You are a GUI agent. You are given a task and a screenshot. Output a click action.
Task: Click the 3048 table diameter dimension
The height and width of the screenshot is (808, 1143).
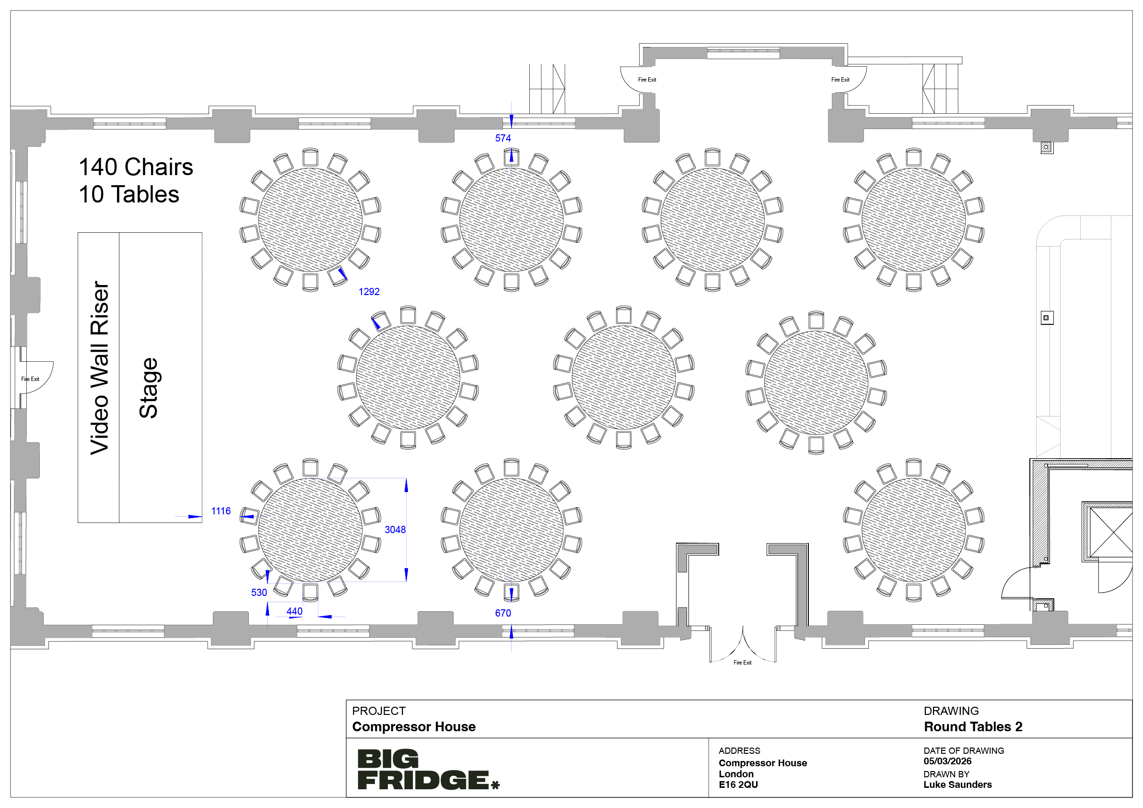point(395,530)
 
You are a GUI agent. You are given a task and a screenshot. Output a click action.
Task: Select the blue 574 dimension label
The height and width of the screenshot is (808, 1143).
point(503,138)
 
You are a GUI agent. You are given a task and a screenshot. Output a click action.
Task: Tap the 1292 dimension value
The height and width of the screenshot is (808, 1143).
point(369,291)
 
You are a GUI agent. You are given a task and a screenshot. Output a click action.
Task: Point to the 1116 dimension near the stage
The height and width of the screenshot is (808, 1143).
point(221,511)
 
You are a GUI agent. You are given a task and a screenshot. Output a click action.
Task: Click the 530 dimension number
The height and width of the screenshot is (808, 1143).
point(259,592)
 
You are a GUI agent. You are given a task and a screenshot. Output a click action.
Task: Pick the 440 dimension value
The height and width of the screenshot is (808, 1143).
point(294,611)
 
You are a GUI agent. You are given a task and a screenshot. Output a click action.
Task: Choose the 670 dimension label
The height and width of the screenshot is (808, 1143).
point(503,613)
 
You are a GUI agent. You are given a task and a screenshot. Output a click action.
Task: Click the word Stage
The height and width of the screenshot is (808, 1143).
point(148,388)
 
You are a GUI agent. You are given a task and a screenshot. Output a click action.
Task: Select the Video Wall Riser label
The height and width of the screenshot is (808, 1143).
point(100,368)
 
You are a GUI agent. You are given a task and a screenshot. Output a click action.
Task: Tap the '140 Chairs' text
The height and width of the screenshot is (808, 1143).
point(136,167)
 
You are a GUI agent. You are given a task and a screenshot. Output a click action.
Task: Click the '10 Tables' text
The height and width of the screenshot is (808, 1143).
point(129,194)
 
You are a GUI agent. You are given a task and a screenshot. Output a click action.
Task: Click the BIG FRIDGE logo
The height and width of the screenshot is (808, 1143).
point(428,770)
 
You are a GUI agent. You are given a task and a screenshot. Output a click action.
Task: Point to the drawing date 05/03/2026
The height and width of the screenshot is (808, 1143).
point(947,761)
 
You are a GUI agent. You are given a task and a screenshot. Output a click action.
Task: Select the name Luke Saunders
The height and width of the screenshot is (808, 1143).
point(957,784)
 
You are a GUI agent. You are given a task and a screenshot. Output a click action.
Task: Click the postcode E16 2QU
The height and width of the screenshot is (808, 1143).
point(738,784)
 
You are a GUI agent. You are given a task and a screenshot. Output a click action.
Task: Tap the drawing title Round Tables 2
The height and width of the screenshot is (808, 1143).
point(973,727)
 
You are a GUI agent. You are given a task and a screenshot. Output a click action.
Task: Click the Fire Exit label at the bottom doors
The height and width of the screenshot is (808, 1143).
point(742,663)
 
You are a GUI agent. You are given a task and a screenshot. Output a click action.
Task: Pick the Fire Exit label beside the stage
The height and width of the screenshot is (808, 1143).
point(30,379)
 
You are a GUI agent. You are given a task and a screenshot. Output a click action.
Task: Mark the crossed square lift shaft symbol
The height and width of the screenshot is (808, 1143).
point(1111,533)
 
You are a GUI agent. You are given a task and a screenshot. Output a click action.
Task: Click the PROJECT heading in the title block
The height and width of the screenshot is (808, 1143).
point(379,711)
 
